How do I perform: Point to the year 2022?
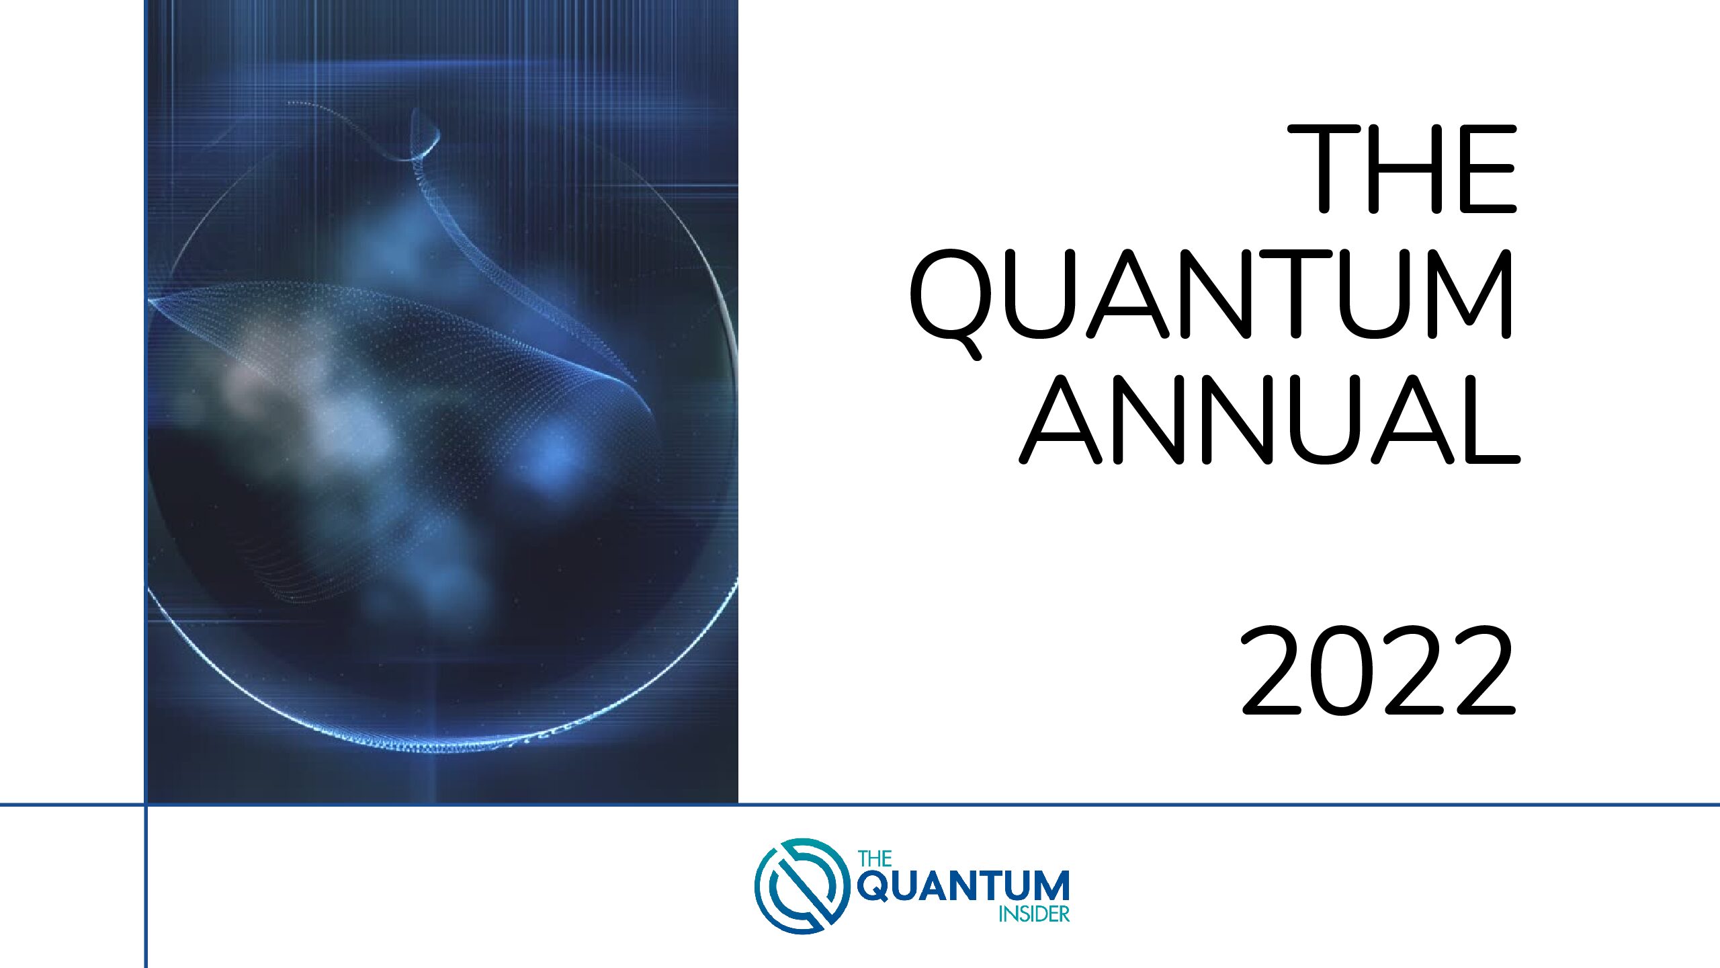tap(1377, 670)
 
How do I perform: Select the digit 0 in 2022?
tap(1342, 670)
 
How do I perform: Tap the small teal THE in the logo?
tap(875, 859)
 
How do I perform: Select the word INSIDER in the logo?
tap(1034, 914)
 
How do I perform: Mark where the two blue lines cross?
tap(145, 804)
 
